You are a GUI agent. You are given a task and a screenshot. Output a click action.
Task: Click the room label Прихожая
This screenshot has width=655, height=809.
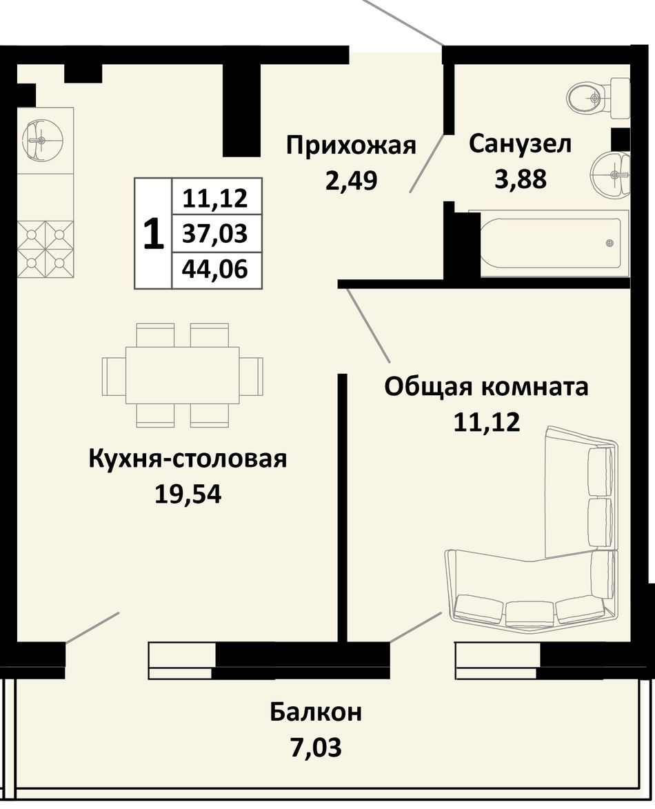pyautogui.click(x=351, y=146)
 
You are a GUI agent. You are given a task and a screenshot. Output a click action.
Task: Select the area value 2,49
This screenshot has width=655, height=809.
pyautogui.click(x=351, y=180)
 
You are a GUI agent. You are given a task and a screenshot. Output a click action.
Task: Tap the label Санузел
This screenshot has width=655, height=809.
pyautogui.click(x=520, y=143)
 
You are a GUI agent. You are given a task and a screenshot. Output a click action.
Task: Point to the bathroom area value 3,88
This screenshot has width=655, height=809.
pyautogui.click(x=521, y=179)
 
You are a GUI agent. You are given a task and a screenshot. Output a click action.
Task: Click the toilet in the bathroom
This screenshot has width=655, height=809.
pyautogui.click(x=598, y=97)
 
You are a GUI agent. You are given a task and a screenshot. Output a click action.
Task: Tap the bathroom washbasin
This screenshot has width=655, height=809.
pyautogui.click(x=611, y=174)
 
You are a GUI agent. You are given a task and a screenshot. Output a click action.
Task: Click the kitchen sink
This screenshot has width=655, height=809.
pyautogui.click(x=43, y=139)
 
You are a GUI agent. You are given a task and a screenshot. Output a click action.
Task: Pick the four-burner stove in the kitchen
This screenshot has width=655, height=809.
pyautogui.click(x=46, y=249)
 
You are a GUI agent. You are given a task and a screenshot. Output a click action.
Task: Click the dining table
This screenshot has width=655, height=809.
pyautogui.click(x=183, y=375)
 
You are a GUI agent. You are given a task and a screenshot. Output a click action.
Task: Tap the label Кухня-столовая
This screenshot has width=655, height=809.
pyautogui.click(x=188, y=458)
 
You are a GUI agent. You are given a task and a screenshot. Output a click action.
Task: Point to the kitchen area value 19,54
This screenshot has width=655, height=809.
pyautogui.click(x=188, y=494)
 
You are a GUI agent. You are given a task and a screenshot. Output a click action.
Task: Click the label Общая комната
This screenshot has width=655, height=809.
pyautogui.click(x=486, y=386)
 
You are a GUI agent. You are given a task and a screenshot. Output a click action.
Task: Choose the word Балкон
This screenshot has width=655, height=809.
pyautogui.click(x=316, y=712)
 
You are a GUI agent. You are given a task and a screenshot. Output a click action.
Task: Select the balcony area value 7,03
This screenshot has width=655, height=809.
pyautogui.click(x=316, y=747)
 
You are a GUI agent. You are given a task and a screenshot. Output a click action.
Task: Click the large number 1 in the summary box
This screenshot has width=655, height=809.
pyautogui.click(x=153, y=234)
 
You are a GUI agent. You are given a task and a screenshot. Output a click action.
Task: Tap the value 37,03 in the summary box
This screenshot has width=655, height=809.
pyautogui.click(x=215, y=234)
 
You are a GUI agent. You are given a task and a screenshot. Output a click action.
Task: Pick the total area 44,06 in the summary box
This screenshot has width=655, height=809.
pyautogui.click(x=215, y=269)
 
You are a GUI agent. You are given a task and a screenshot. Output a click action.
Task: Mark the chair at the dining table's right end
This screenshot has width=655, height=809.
pyautogui.click(x=252, y=376)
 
